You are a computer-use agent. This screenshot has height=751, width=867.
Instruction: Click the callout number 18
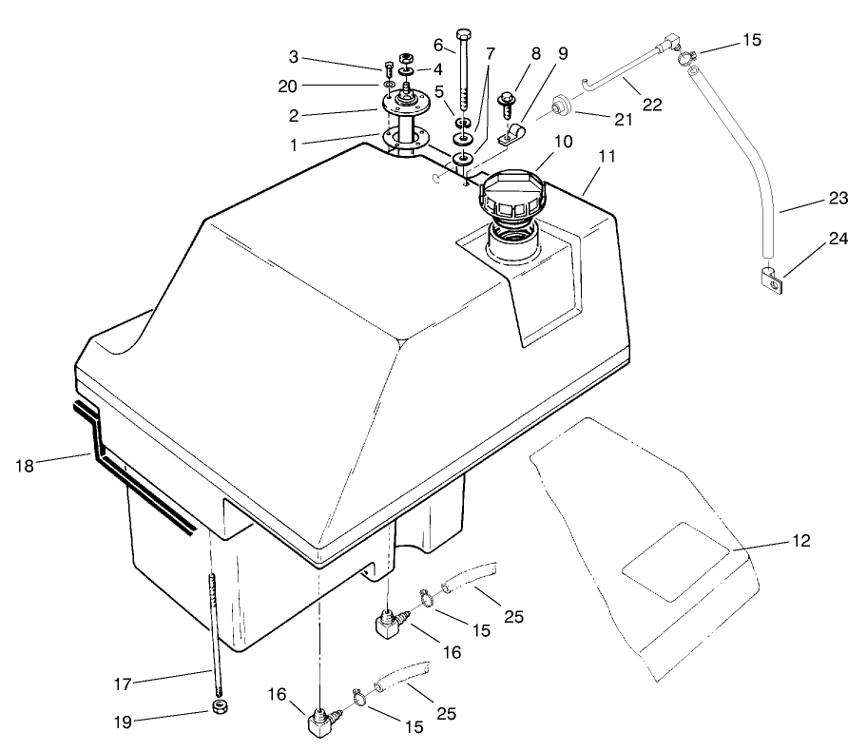click(x=26, y=465)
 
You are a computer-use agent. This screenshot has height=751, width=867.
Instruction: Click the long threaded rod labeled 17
click(x=215, y=637)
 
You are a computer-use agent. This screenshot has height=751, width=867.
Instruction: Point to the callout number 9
click(x=563, y=54)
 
